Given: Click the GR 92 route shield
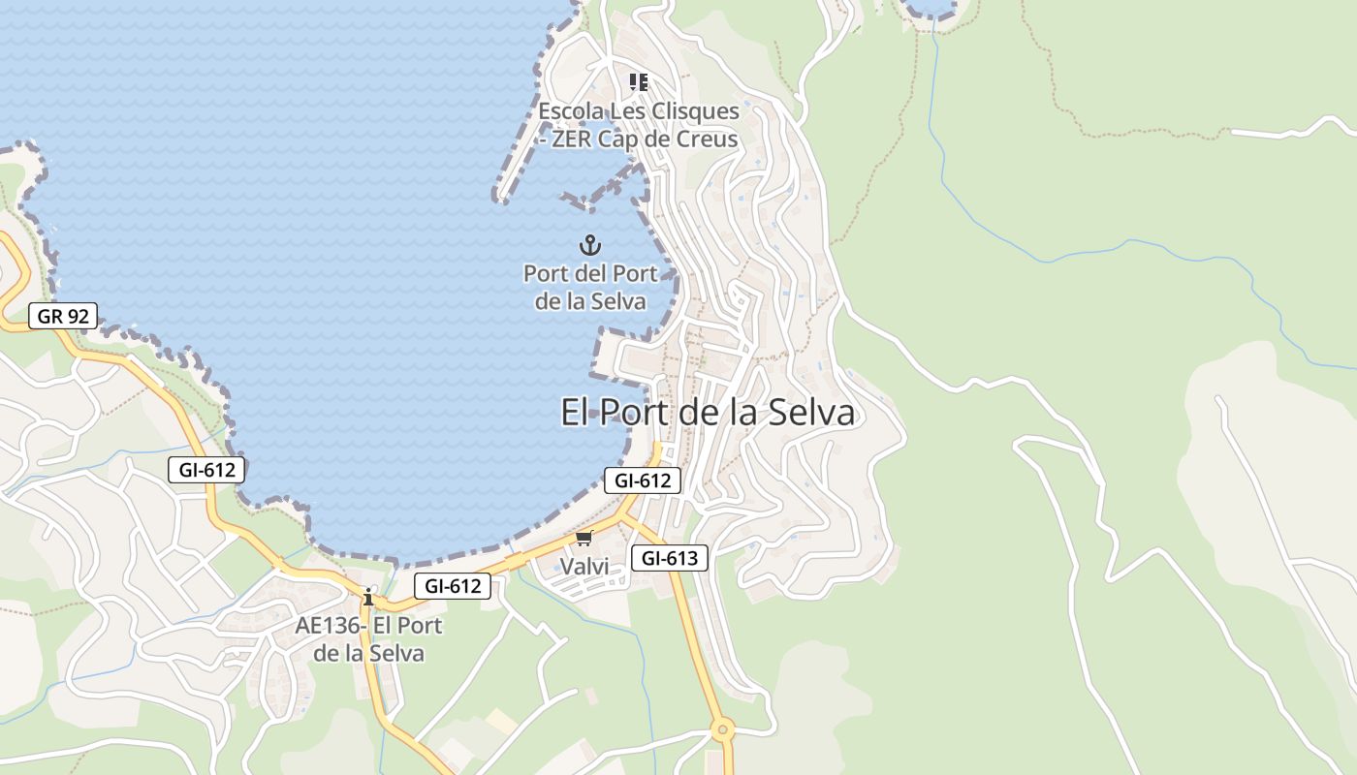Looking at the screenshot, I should coord(63,315).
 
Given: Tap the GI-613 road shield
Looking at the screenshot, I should coord(670,558).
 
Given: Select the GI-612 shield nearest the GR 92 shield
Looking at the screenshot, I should coord(206,470).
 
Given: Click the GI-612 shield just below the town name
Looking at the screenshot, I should coord(643,480).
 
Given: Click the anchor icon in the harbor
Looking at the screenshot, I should coord(589,245).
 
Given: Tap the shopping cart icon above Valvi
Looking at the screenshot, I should coord(584,539).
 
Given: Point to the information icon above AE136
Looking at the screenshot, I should coord(367,597).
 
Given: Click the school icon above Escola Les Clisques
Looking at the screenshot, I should coord(638,82).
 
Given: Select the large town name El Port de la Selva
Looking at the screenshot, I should coord(708,413).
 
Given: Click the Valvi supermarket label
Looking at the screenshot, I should coord(585,567).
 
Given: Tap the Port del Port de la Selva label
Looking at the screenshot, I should coord(590,288).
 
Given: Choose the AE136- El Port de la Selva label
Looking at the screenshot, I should coord(368,639).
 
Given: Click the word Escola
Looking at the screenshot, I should coord(572,111).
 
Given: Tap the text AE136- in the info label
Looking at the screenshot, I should coord(331,626).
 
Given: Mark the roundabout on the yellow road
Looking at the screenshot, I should coord(721,728).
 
